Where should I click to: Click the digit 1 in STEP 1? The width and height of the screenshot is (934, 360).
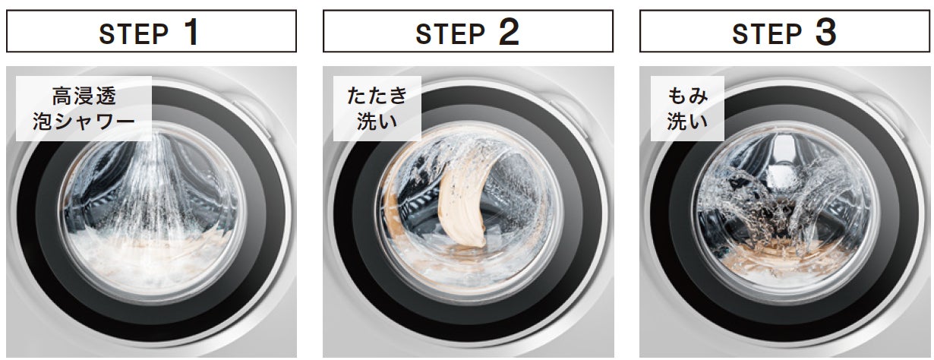pyautogui.click(x=192, y=32)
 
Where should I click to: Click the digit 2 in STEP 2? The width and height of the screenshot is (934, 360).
pyautogui.click(x=509, y=32)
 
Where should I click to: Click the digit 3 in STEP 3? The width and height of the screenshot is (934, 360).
pyautogui.click(x=825, y=32)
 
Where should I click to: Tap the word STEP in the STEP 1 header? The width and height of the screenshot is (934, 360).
pyautogui.click(x=134, y=33)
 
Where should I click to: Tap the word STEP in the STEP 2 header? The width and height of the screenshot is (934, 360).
pyautogui.click(x=450, y=33)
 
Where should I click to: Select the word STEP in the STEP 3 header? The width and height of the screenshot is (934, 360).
pyautogui.click(x=767, y=33)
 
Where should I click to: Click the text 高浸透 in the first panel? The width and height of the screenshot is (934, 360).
pyautogui.click(x=84, y=96)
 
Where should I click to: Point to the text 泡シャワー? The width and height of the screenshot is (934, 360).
pyautogui.click(x=84, y=122)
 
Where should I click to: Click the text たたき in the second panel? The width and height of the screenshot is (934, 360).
pyautogui.click(x=377, y=96)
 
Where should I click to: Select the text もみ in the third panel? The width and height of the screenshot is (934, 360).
pyautogui.click(x=687, y=96)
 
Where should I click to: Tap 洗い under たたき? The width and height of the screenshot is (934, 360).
pyautogui.click(x=377, y=122)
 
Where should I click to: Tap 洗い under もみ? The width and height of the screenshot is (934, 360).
pyautogui.click(x=687, y=122)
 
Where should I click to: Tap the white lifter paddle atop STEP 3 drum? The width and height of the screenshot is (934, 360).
pyautogui.click(x=783, y=163)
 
